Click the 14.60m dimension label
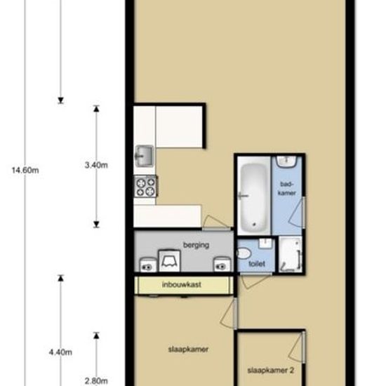pos(25,170)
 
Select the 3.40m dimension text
pos(96,165)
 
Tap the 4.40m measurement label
pos(60,352)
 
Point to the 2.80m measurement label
pos(96,381)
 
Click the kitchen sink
pos(145,156)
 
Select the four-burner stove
pos(145,186)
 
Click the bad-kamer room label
pos(287,189)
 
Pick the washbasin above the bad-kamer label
pos(286,161)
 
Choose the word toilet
pos(257,264)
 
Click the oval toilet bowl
pos(244,253)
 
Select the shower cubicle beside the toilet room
pos(291,254)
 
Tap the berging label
pos(197,245)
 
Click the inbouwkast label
pos(182,284)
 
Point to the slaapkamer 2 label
pos(270,371)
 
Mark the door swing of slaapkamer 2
pos(297,347)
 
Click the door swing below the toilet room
pos(256,281)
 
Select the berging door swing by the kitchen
pos(216,222)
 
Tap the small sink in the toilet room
pos(265,243)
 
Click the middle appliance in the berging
pos(169,260)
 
